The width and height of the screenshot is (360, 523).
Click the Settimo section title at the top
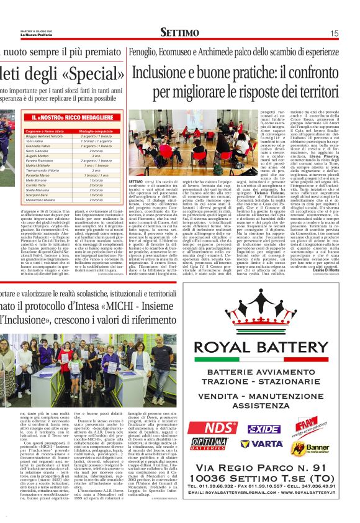[x=179, y=32]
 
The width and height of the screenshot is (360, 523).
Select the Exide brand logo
[x=264, y=428]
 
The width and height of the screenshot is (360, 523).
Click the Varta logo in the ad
[x=266, y=444]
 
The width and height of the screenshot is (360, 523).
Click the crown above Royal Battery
[x=265, y=314]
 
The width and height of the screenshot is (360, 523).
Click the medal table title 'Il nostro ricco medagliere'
[x=65, y=117]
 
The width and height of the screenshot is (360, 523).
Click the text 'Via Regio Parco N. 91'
[x=265, y=467]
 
